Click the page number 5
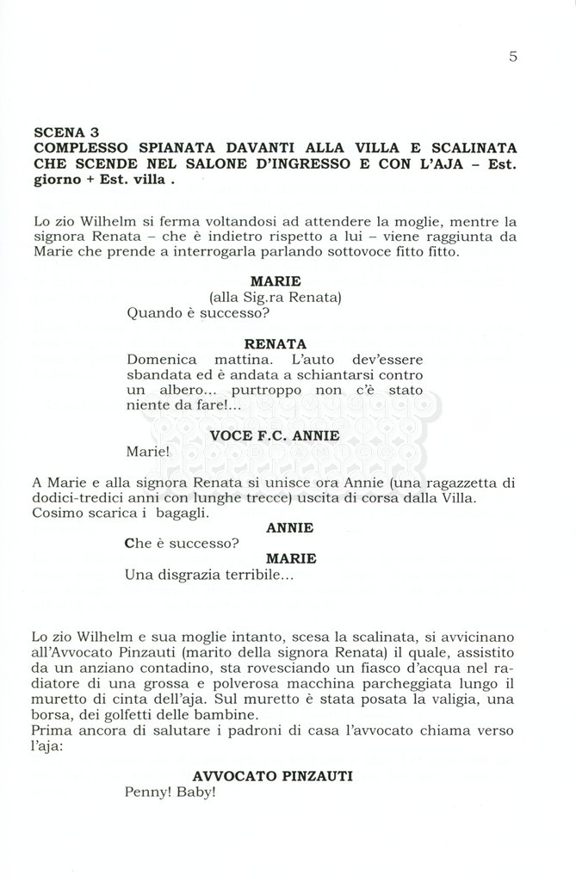[x=513, y=57]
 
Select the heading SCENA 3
[x=66, y=132]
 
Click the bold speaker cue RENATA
[x=275, y=343]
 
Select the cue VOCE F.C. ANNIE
[x=275, y=435]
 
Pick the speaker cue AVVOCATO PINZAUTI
[x=272, y=775]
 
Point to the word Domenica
[x=162, y=359]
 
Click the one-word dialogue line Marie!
[x=143, y=451]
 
